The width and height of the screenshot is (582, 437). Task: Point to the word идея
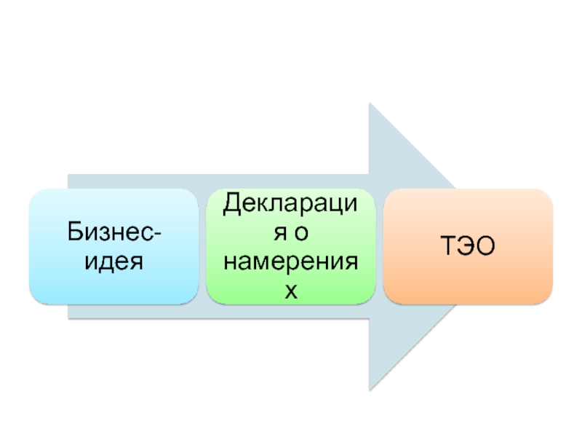click(x=114, y=260)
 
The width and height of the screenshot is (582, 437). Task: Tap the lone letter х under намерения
click(x=291, y=291)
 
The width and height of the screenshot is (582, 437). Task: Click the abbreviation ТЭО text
click(x=467, y=247)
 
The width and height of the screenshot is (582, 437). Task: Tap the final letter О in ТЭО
click(x=486, y=247)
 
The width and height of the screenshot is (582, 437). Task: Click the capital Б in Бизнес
click(x=75, y=232)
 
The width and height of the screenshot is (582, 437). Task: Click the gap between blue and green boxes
click(x=202, y=246)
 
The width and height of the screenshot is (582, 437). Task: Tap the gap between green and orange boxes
click(x=379, y=246)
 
